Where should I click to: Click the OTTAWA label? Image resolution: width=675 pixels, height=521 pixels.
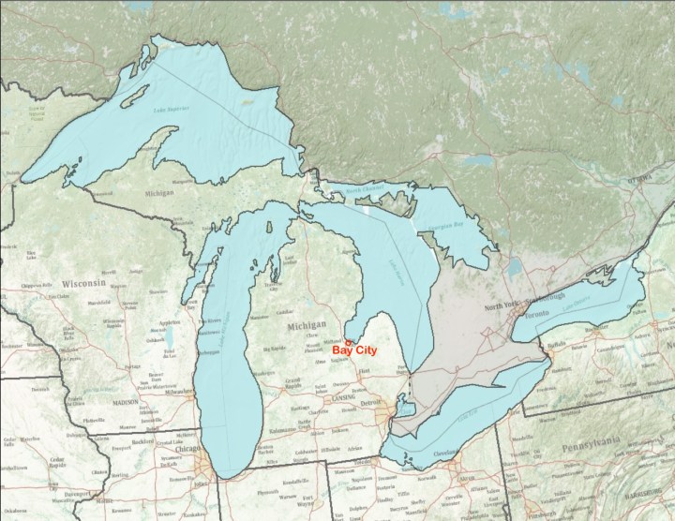tap(643, 177)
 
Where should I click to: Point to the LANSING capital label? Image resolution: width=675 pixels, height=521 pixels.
tap(342, 396)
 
